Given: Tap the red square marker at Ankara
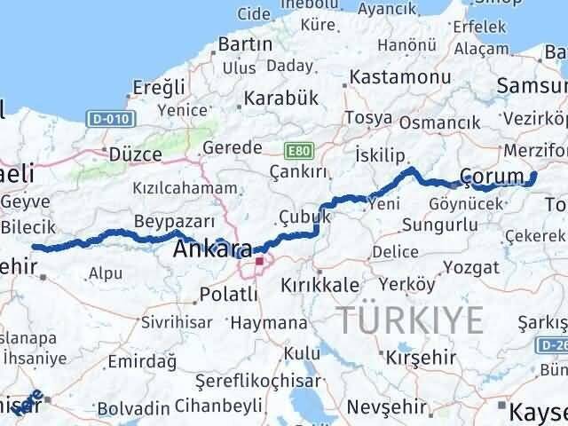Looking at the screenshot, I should (259, 262).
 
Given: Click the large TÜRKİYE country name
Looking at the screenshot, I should (409, 319).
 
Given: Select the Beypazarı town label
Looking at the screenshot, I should (175, 220).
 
